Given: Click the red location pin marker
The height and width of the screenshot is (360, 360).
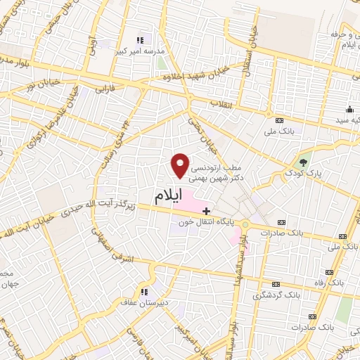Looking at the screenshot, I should [x=181, y=165].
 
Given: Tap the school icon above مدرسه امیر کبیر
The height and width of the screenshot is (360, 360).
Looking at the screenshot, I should [x=139, y=39].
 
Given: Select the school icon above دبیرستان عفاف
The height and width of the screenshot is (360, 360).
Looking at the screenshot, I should [x=144, y=292].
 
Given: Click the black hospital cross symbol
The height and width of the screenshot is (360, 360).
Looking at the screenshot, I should [x=206, y=210].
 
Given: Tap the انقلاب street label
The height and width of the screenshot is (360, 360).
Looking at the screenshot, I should [x=222, y=104].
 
